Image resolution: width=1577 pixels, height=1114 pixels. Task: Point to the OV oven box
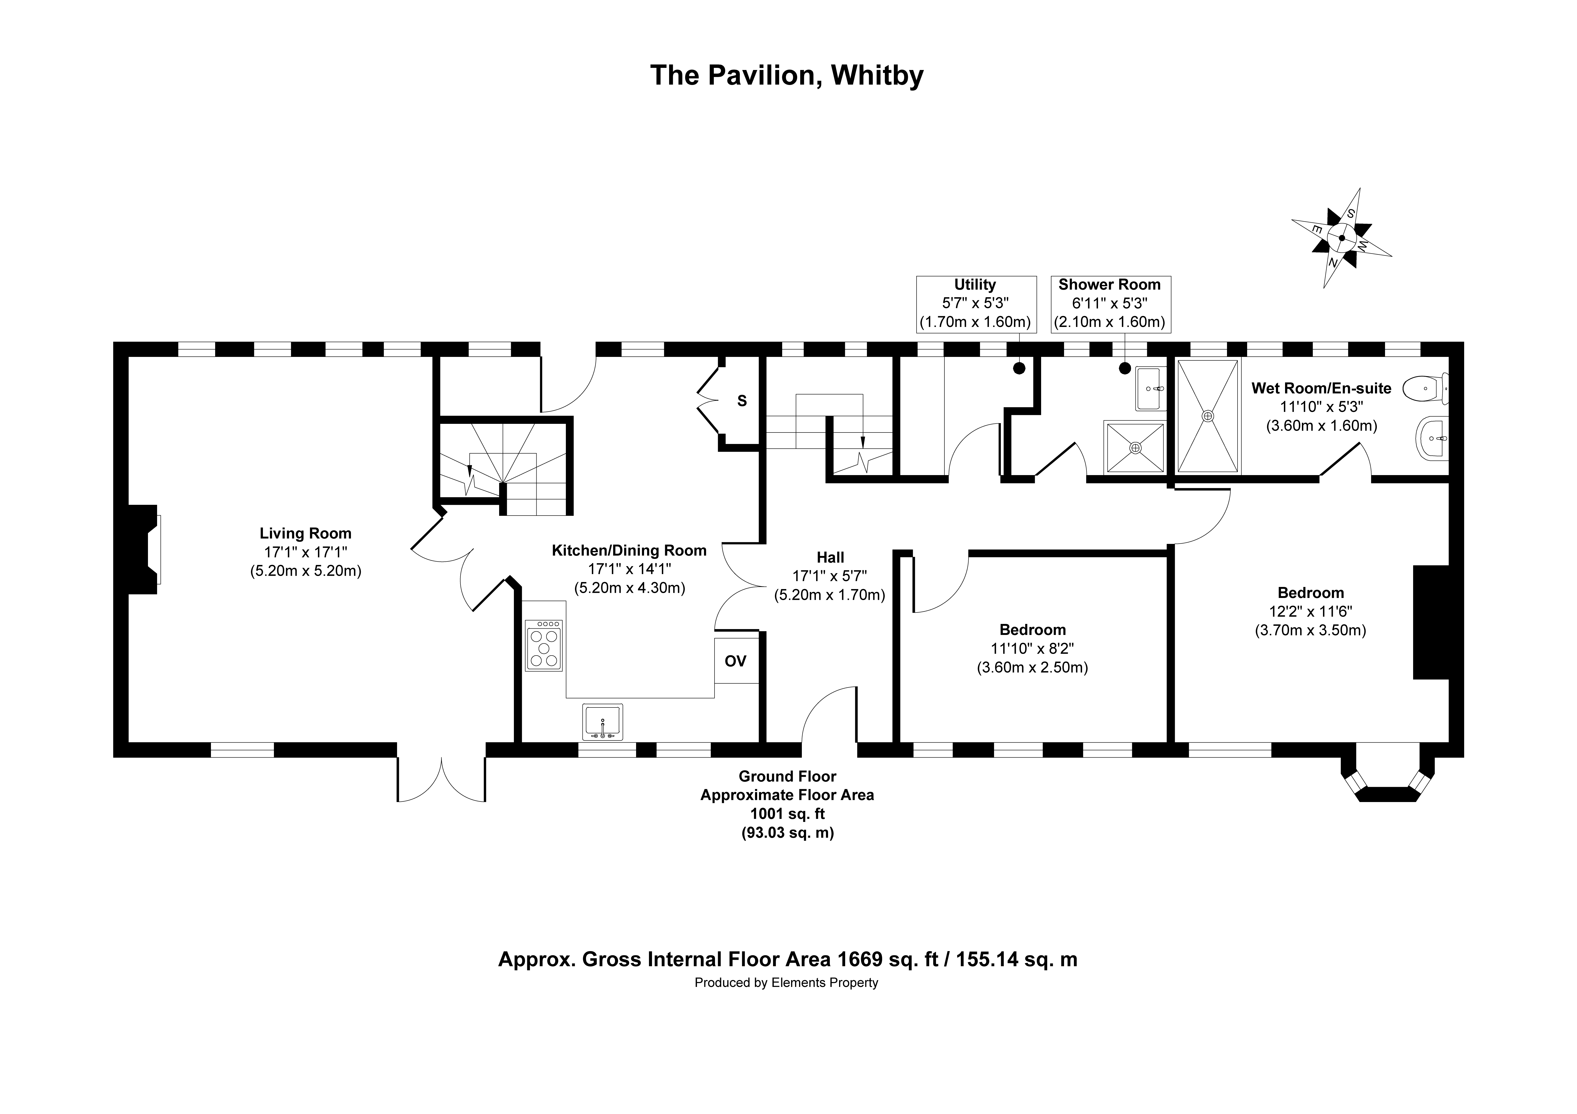pos(736,661)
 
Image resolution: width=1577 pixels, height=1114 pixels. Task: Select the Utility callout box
pos(976,304)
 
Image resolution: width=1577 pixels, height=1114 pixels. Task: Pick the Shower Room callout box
pos(1111,304)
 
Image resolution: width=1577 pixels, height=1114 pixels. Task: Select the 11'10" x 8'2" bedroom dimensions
pos(1032,648)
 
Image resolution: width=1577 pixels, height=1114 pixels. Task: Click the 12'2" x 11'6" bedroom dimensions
pos(1311,611)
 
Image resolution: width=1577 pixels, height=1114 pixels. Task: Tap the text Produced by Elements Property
pos(786,983)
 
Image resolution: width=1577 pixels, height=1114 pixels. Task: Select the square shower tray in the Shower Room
pos(1135,447)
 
